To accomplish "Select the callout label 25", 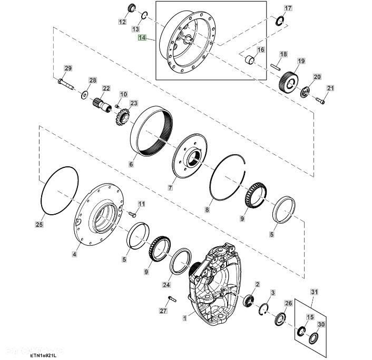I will (38, 225).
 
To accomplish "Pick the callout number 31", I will (315, 291).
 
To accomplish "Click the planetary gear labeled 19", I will (289, 81).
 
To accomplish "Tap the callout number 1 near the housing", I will (185, 318).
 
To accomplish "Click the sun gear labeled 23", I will (122, 114).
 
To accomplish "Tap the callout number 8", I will (207, 210).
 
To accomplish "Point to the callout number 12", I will (122, 22).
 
